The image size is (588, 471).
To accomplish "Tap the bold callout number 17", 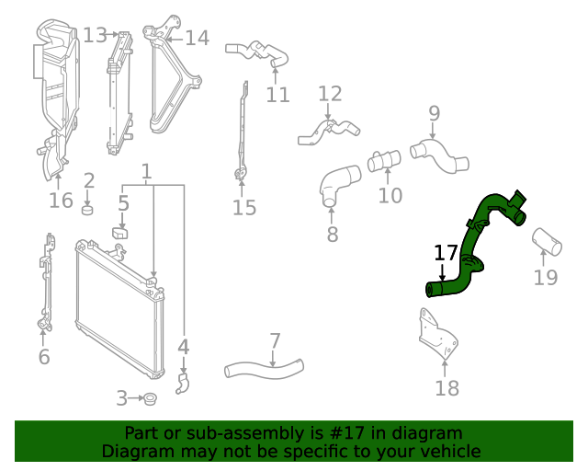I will click(x=446, y=253).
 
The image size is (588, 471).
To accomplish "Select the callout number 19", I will click(x=546, y=278).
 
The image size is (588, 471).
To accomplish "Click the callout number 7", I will click(x=275, y=341).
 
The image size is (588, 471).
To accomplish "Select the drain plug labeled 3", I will click(x=150, y=398).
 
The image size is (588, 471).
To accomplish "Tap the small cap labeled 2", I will click(x=89, y=210).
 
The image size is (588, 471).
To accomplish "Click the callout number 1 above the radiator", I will click(x=146, y=171).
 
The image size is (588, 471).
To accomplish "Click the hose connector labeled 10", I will click(x=384, y=162).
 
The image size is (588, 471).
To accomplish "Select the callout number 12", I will click(x=330, y=93).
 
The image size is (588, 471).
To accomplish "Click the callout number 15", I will click(x=243, y=207).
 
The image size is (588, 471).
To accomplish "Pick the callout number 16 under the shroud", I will click(x=61, y=200).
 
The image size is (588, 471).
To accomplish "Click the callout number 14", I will click(x=197, y=38).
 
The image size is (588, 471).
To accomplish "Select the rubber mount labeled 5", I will click(x=120, y=230).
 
